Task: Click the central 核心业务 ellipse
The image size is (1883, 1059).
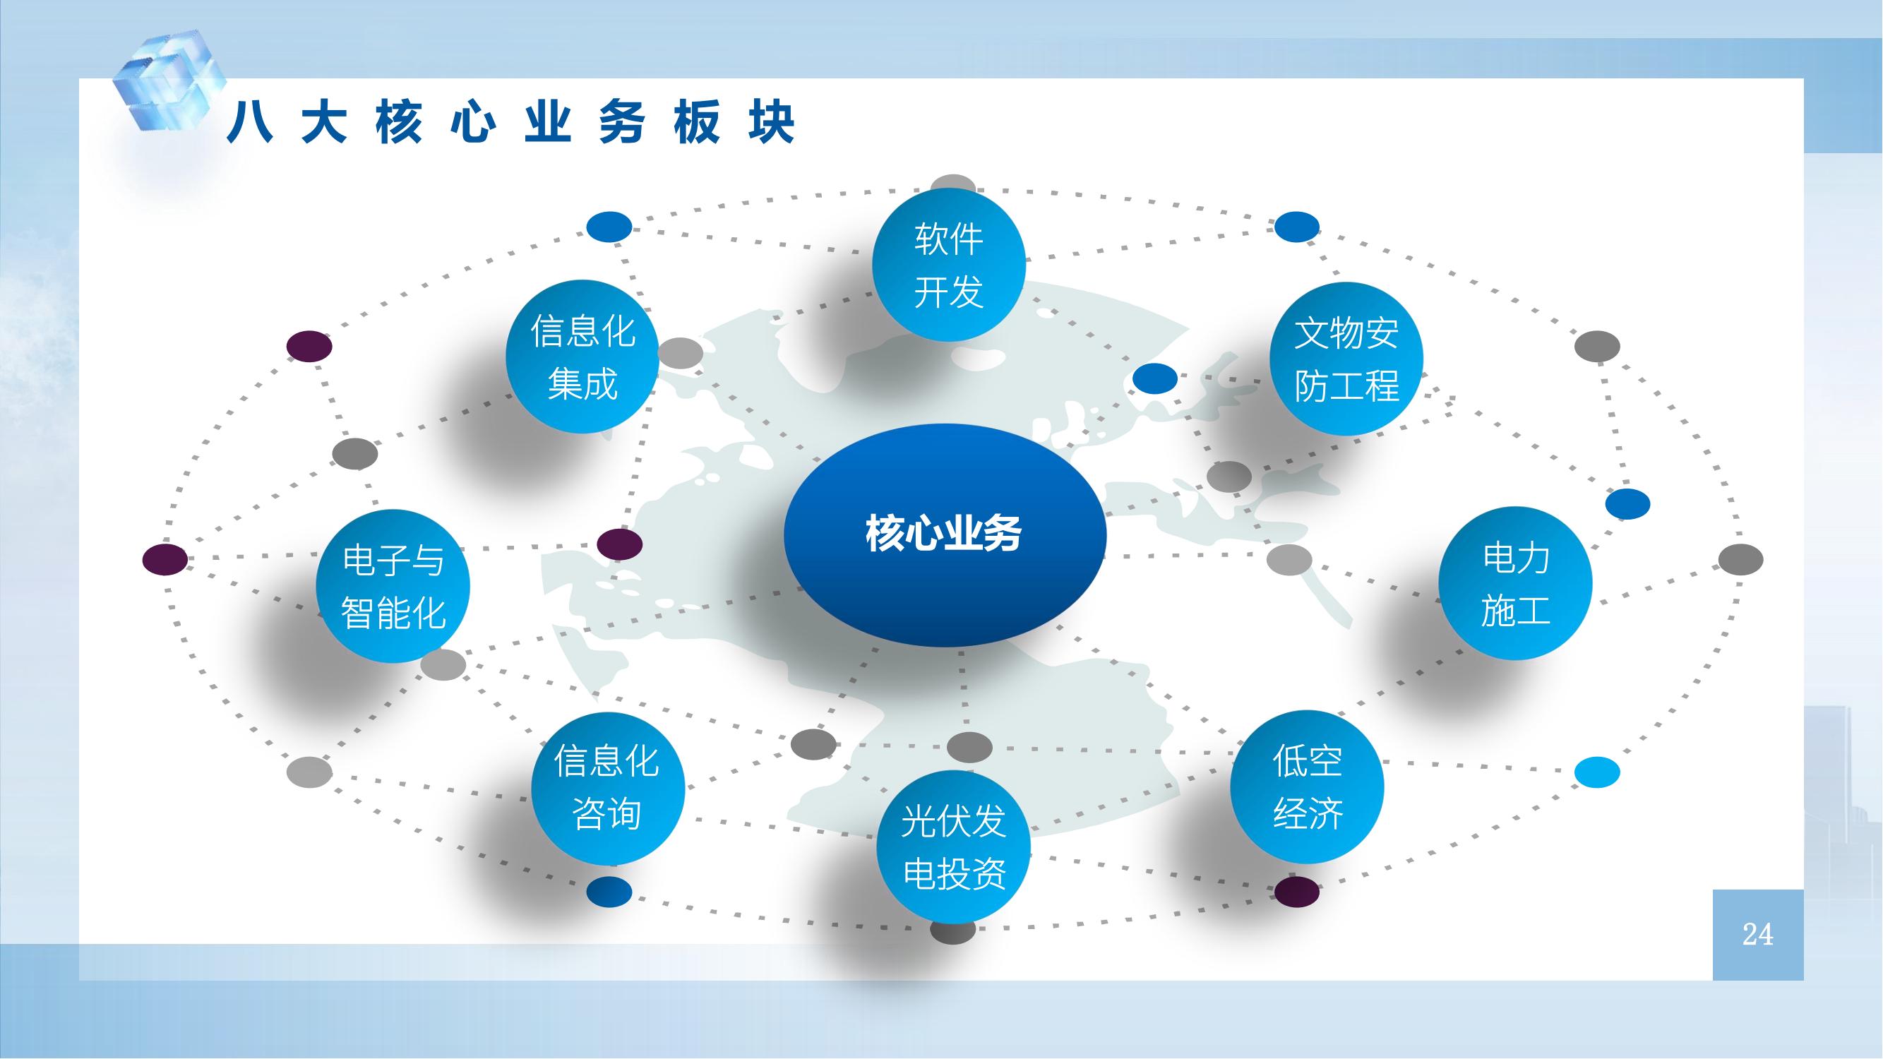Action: coord(945,534)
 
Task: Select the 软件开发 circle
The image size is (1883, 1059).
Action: coord(949,265)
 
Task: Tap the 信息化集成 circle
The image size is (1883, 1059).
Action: coord(582,357)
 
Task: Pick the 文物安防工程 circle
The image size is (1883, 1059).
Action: coord(1346,359)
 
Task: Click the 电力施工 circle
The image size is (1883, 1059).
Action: coord(1515,583)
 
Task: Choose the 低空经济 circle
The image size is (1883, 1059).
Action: coord(1307,787)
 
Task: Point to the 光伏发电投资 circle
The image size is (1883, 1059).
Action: coord(954,846)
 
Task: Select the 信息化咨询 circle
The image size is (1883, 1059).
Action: coord(607,788)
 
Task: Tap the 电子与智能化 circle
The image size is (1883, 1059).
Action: coord(393,586)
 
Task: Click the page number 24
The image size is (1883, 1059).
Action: coord(1757,934)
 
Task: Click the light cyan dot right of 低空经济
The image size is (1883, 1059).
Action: coord(1596,772)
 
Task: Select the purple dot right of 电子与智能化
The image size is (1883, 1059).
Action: coord(620,544)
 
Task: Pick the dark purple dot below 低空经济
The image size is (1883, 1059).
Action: coord(1298,892)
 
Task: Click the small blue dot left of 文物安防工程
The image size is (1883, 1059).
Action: coord(1155,378)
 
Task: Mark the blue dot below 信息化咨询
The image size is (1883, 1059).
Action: coord(609,892)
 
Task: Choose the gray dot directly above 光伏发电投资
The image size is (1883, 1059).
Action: coord(969,747)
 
